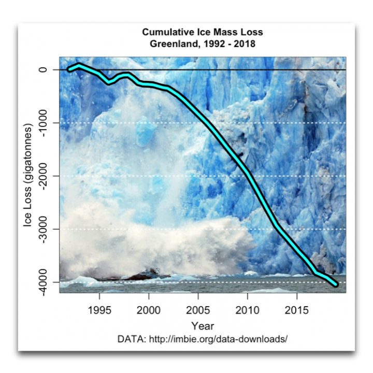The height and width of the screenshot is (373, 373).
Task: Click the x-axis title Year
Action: (x=202, y=326)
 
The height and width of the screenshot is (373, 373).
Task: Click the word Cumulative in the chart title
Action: (x=167, y=33)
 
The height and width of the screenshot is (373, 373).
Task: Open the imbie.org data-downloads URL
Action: (x=218, y=339)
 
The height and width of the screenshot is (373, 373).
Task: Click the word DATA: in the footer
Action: (x=133, y=339)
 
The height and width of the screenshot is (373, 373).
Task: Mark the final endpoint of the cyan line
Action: (x=336, y=284)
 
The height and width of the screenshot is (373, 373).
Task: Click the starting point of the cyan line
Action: (x=69, y=69)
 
